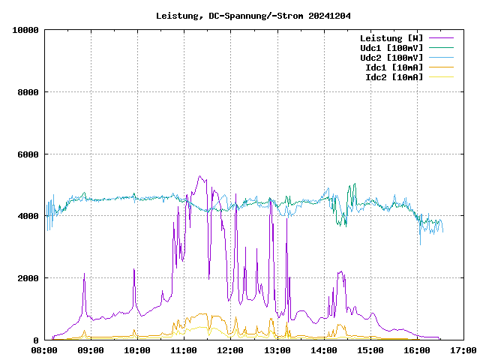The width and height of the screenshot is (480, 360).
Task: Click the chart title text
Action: click(253, 16)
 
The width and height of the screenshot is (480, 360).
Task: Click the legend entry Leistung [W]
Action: click(391, 37)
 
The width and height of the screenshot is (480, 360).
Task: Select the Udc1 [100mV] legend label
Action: click(391, 47)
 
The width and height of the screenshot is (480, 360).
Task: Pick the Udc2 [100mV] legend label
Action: click(391, 57)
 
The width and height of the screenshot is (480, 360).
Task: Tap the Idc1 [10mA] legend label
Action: click(394, 67)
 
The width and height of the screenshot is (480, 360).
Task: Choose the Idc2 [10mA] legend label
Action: click(394, 76)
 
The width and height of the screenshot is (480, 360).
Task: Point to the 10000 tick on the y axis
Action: click(25, 30)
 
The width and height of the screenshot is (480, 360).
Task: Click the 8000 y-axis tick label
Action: click(28, 92)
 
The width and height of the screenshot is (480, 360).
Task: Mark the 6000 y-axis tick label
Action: click(28, 154)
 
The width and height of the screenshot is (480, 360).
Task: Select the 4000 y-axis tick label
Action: click(28, 216)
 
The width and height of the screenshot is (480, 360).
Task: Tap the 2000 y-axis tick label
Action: click(28, 278)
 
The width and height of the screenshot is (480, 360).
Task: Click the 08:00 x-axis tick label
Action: click(44, 350)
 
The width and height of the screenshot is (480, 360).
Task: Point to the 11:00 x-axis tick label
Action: click(184, 350)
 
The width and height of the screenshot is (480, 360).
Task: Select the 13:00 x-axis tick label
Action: click(277, 350)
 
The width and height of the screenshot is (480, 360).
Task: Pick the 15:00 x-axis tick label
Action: click(370, 350)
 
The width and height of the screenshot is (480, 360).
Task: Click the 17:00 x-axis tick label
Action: click(463, 350)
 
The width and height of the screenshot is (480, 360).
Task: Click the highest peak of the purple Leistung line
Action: click(199, 176)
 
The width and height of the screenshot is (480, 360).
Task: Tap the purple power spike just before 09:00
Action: click(85, 274)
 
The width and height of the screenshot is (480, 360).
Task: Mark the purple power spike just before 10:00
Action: click(134, 268)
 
